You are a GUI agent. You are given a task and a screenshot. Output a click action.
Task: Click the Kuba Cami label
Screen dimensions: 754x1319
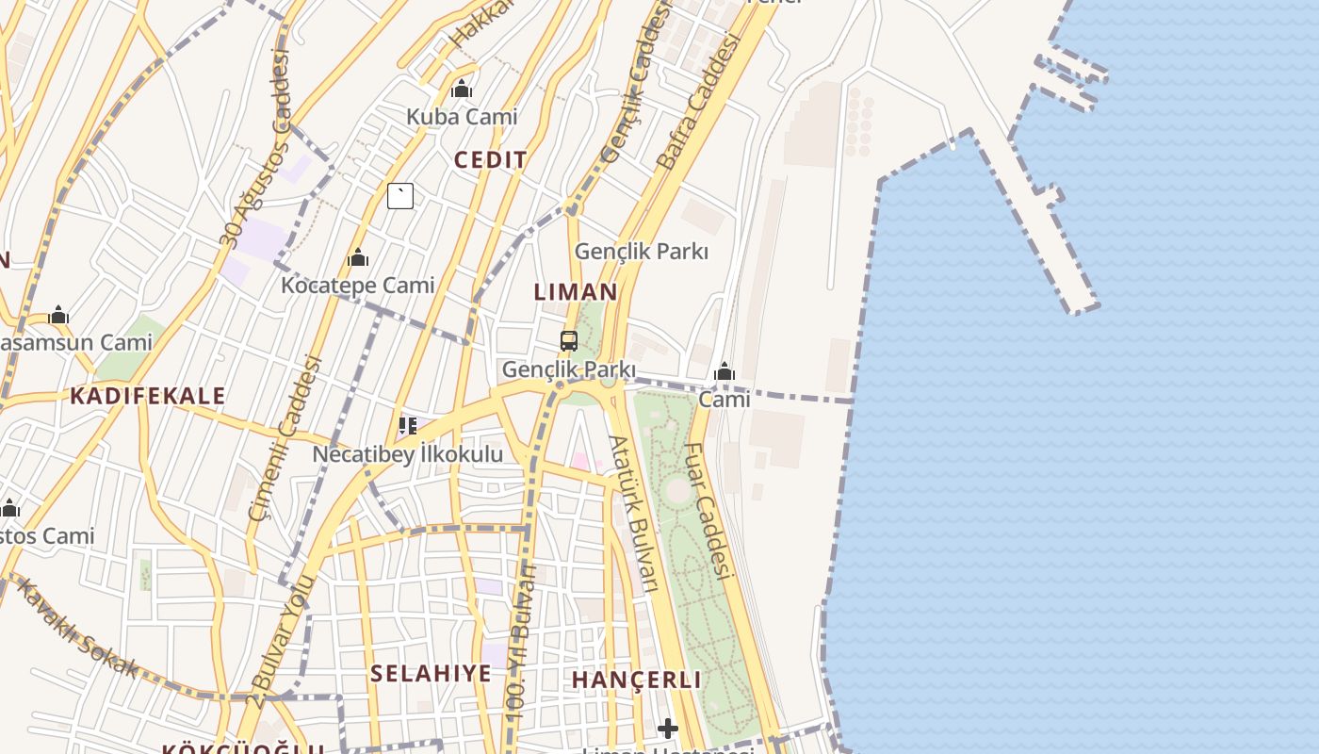(x=462, y=117)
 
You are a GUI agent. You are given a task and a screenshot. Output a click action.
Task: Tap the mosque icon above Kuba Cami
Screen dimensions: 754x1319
(x=462, y=90)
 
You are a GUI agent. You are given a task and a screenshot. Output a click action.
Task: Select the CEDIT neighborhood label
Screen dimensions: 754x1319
(x=491, y=160)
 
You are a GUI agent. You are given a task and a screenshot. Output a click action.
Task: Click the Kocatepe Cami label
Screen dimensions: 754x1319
(x=358, y=285)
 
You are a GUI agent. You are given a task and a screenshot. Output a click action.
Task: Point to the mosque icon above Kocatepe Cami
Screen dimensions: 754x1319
(x=358, y=257)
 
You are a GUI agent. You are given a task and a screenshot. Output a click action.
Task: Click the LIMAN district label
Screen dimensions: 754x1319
(x=576, y=292)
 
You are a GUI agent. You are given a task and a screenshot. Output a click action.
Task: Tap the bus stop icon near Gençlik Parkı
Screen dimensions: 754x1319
(x=569, y=341)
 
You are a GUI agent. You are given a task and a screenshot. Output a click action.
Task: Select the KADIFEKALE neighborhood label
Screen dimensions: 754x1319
(x=148, y=396)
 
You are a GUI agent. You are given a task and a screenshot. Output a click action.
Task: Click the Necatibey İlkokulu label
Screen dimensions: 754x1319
(x=408, y=454)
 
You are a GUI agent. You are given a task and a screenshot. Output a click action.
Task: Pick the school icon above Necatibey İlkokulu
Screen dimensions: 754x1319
(x=408, y=426)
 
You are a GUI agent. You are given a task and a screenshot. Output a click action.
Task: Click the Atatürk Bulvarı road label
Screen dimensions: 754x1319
(x=632, y=514)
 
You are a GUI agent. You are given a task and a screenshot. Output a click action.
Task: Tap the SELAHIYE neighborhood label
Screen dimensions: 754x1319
(x=431, y=674)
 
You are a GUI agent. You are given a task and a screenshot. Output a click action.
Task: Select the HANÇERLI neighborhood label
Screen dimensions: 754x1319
(x=637, y=680)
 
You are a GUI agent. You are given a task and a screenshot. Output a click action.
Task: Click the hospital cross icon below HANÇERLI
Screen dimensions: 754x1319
(x=668, y=729)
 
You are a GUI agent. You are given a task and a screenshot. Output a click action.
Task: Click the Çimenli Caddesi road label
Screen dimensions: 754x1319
(x=285, y=438)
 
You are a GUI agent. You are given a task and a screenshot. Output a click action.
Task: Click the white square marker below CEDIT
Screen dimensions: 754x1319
(x=400, y=196)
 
